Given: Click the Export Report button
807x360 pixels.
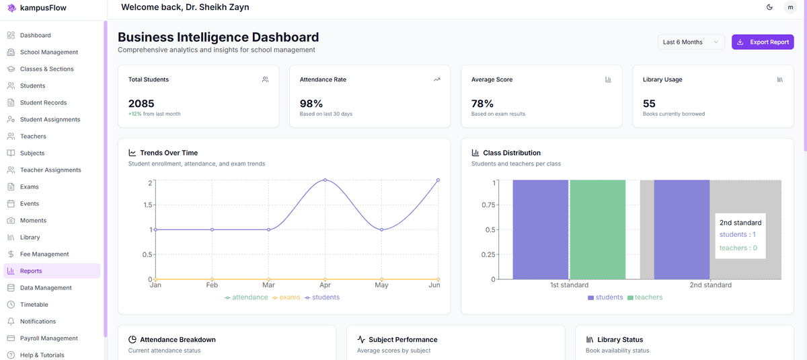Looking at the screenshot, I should pyautogui.click(x=763, y=42).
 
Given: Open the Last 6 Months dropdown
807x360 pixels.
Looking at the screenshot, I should pyautogui.click(x=691, y=42).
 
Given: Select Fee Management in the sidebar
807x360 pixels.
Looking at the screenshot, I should pyautogui.click(x=44, y=254).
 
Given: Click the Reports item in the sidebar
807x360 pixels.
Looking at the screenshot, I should pyautogui.click(x=31, y=271).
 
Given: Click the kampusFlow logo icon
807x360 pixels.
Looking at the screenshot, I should pyautogui.click(x=11, y=8).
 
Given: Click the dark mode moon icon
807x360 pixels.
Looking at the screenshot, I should pyautogui.click(x=769, y=7).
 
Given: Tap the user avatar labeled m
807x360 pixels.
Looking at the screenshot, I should pyautogui.click(x=790, y=7).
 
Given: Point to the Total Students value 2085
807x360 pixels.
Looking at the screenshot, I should pyautogui.click(x=141, y=104).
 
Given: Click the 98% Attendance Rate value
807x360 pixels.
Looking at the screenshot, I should pyautogui.click(x=311, y=104).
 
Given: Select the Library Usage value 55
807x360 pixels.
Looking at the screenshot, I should pyautogui.click(x=649, y=104).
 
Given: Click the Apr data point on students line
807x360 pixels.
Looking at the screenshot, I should pyautogui.click(x=325, y=180).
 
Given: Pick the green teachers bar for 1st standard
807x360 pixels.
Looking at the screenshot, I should pyautogui.click(x=597, y=229).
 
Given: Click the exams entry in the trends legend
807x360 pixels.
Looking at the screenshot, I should pyautogui.click(x=286, y=297).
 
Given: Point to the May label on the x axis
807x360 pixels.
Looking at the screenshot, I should pyautogui.click(x=381, y=285).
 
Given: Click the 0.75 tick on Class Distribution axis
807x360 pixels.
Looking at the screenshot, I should pyautogui.click(x=488, y=205).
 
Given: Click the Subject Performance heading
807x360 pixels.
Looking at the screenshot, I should pyautogui.click(x=403, y=340).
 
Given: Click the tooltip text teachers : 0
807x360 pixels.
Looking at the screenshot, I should pyautogui.click(x=738, y=248).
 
